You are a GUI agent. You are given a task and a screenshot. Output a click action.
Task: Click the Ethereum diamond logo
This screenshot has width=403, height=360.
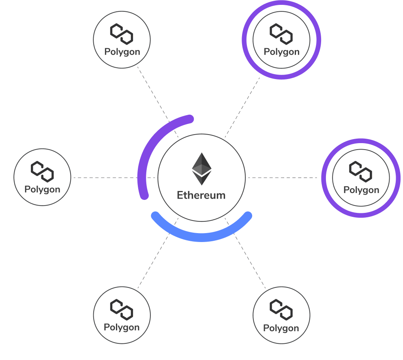point(201,169)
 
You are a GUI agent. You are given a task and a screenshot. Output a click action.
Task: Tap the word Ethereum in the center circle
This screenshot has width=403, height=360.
point(201,195)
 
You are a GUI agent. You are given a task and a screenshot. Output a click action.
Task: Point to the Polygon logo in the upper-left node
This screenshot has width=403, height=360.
point(122,34)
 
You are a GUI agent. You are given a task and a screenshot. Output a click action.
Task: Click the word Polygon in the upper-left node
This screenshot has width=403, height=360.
point(122,52)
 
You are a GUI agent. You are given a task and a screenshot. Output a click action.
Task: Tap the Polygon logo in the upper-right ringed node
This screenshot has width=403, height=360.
point(281,34)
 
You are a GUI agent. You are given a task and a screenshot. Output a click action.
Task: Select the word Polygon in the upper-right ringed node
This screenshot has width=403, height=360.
point(281,52)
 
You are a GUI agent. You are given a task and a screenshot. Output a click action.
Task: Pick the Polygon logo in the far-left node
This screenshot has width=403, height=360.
point(42,171)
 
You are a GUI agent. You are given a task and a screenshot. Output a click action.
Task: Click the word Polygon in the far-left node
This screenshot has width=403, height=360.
point(42,189)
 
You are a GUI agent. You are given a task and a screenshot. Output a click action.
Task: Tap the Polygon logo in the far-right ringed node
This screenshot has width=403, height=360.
point(361,171)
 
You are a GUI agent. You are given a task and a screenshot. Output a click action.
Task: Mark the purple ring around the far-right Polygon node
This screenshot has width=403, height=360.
point(325,178)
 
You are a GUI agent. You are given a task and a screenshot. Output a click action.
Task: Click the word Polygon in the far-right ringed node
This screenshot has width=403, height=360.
point(361,190)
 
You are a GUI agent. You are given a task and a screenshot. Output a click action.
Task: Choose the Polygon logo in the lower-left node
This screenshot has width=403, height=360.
point(122,309)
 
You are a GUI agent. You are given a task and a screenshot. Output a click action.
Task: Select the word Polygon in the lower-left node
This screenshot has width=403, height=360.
point(122,327)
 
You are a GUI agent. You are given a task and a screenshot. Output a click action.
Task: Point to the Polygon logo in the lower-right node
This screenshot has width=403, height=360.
point(281,310)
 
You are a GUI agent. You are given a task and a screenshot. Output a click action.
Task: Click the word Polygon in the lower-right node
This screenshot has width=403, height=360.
point(281,328)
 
